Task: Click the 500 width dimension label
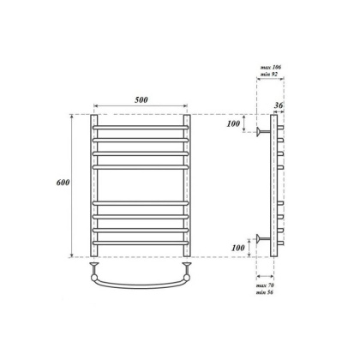click(x=141, y=100)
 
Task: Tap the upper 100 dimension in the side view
click(x=233, y=125)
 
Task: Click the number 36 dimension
click(x=277, y=106)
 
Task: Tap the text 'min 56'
click(x=269, y=294)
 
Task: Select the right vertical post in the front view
click(x=187, y=184)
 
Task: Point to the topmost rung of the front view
click(x=140, y=129)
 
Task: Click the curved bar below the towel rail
click(x=140, y=283)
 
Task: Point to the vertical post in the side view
click(x=273, y=184)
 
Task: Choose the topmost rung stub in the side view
click(x=280, y=129)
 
